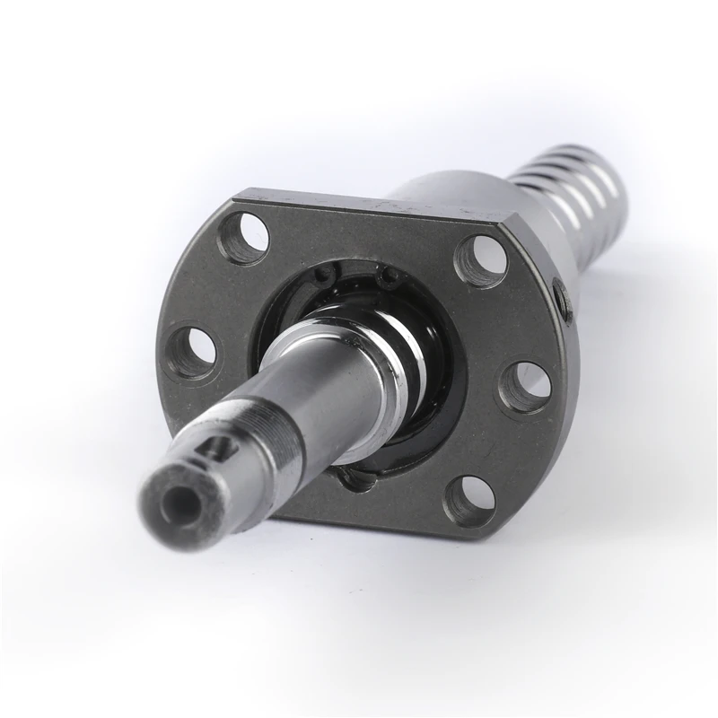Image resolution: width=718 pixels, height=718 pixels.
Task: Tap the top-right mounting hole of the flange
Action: [x=480, y=259]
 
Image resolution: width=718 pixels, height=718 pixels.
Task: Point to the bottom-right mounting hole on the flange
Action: [x=470, y=500]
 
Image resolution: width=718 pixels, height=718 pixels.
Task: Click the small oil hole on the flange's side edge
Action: [x=561, y=300]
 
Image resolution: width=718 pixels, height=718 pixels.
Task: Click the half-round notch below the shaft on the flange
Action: [x=359, y=480]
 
